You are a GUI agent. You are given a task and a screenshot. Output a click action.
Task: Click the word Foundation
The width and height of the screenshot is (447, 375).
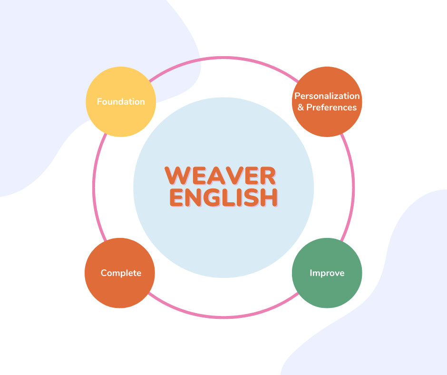pos(121,102)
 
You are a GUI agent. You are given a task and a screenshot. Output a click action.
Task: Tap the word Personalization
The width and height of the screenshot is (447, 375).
pos(327,96)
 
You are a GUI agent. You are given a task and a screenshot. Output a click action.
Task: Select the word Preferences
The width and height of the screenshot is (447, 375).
pos(331,108)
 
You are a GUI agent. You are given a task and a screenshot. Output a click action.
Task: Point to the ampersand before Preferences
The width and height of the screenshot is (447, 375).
pos(301,108)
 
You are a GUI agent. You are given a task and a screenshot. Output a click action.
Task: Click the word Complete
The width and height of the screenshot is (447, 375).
pos(121,273)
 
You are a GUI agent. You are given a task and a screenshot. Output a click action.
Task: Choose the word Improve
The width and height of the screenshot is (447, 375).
pos(327,273)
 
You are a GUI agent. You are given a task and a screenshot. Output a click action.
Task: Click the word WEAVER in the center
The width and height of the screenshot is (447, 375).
pos(220,176)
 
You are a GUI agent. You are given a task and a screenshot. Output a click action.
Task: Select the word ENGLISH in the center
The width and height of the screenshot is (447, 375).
pos(223,198)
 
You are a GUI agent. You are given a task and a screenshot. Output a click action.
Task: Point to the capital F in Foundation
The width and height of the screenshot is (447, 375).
pos(99,102)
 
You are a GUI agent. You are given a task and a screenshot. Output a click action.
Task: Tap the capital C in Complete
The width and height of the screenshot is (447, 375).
pos(104,273)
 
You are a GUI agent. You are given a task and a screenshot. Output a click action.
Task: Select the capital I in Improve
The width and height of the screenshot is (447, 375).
pos(311,273)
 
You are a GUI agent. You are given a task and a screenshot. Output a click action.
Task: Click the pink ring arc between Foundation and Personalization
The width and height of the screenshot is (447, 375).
pos(223,58)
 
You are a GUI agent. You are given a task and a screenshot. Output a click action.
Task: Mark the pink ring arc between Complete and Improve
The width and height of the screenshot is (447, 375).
pos(223,316)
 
